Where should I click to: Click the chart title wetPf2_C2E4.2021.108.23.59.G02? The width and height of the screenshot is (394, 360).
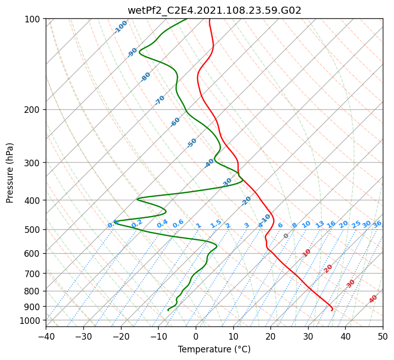point(215,11)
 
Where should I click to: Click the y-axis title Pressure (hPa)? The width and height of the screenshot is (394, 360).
point(10,173)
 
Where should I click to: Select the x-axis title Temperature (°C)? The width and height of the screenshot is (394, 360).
point(215,349)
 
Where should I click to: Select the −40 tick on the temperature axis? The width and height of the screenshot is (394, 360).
point(46,336)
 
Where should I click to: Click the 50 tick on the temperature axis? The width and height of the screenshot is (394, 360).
point(383,336)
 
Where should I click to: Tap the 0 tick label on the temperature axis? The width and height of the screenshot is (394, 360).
point(196,336)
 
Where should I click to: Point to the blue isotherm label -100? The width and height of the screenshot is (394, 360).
point(120,27)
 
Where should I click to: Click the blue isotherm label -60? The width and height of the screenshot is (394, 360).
point(175,122)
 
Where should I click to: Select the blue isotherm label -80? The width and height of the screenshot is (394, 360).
point(145,77)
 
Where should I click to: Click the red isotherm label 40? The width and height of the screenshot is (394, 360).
point(373,299)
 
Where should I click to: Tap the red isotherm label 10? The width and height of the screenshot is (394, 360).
point(307,253)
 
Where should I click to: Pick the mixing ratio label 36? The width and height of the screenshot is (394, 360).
point(377,224)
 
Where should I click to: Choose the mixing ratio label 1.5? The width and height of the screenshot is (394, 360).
point(216,224)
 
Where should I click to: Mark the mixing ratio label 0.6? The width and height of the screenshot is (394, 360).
point(178,224)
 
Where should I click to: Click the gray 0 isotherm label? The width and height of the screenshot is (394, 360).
point(286,236)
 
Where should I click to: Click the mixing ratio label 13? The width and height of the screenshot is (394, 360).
point(320,224)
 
